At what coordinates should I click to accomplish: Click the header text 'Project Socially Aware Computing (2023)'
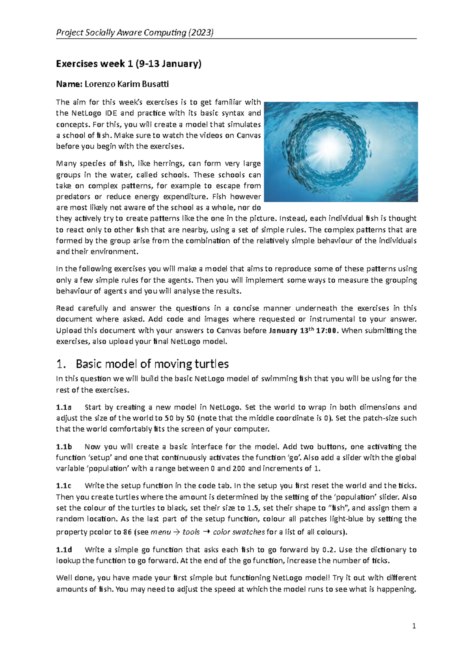[x=135, y=32]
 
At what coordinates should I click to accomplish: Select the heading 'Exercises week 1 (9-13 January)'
[x=128, y=64]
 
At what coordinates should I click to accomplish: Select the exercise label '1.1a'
[x=64, y=407]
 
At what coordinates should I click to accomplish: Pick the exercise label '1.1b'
[x=64, y=446]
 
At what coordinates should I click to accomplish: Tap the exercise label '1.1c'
[x=64, y=485]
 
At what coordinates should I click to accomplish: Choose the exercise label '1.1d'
[x=64, y=549]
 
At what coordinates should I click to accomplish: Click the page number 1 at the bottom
[x=414, y=626]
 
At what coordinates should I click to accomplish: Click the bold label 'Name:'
[x=69, y=84]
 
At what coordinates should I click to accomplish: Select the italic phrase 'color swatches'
[x=238, y=532]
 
